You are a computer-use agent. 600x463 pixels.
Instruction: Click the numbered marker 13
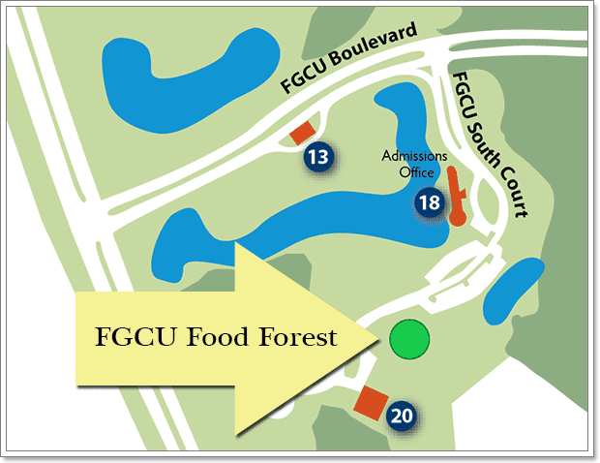tap(318, 157)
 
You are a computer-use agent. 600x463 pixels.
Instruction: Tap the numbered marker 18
tap(429, 203)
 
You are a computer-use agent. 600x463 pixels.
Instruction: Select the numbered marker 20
tap(402, 417)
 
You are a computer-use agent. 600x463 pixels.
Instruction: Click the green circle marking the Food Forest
tap(408, 340)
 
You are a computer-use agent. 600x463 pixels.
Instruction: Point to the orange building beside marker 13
tap(304, 133)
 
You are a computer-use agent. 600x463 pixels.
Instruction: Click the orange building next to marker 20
tap(369, 402)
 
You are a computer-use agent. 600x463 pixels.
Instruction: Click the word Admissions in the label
tap(413, 156)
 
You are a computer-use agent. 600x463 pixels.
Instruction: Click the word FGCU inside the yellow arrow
tap(133, 338)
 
